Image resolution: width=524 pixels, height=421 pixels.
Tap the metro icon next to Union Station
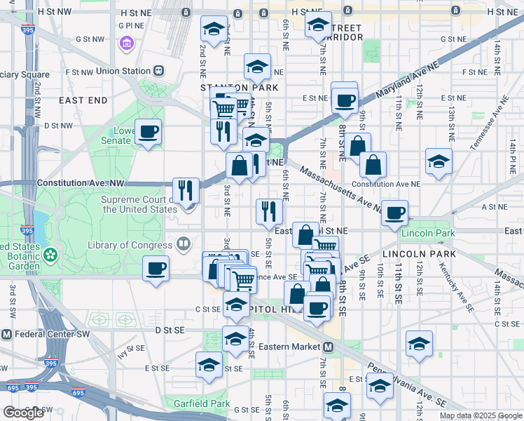point(160,70)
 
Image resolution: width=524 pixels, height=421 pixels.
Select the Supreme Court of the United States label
point(139,204)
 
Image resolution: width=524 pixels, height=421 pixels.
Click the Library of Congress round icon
point(184,245)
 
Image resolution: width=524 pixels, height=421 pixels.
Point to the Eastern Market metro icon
point(327,347)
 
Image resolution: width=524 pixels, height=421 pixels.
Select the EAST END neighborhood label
point(83,100)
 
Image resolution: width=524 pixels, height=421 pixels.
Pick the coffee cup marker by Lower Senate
point(149,131)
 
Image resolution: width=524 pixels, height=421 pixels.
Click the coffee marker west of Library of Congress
point(156,268)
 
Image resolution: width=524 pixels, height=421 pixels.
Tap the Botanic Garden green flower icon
point(50,254)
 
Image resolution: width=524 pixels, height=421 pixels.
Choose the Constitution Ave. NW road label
point(80,182)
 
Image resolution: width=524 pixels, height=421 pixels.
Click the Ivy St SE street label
point(132,348)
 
